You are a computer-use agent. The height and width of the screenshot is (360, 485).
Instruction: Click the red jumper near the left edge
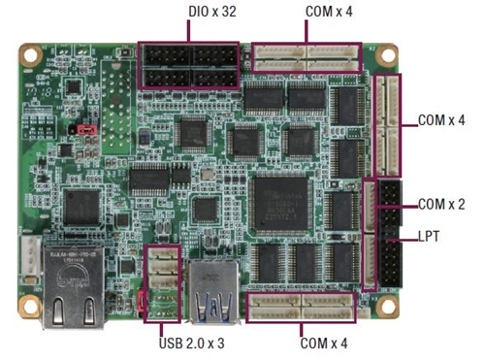[85, 127]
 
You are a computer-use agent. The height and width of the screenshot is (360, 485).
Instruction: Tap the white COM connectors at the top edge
[306, 58]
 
